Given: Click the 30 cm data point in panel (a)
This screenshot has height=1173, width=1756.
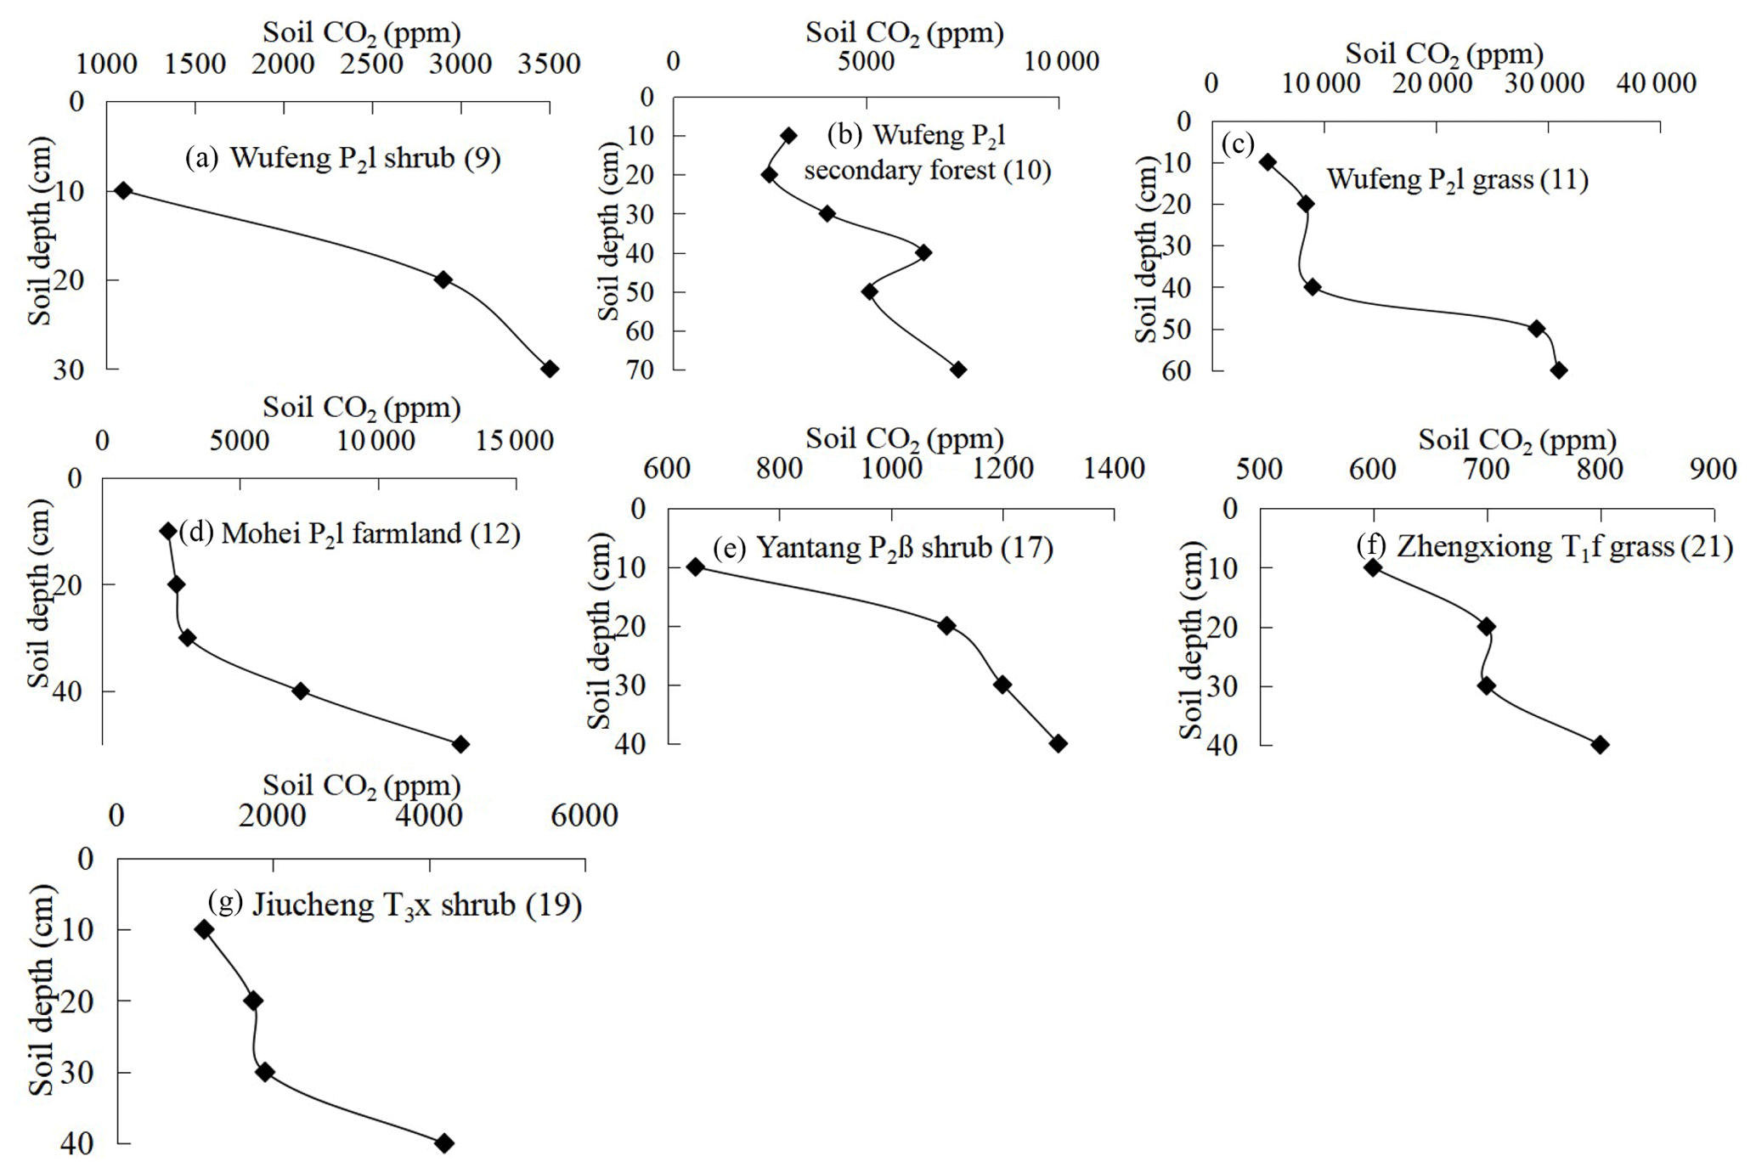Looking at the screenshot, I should [x=550, y=369].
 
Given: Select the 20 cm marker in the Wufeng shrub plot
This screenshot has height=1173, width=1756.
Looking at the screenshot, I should [x=443, y=279].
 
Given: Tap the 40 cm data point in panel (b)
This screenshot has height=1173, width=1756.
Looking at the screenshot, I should [x=923, y=252].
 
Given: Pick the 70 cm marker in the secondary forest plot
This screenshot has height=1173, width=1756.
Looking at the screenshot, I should [x=958, y=369].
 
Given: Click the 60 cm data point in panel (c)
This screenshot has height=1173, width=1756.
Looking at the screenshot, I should [x=1559, y=370].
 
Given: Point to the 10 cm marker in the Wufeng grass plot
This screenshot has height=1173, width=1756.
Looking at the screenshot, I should [x=1268, y=162].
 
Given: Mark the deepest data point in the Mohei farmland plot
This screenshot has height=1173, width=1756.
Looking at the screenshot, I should [x=460, y=745].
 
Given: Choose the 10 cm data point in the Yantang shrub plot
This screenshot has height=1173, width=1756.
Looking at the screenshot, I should [x=696, y=567].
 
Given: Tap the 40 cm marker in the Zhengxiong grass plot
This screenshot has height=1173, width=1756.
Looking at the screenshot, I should [x=1600, y=745].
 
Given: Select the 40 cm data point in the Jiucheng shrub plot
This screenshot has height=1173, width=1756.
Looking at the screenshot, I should [x=444, y=1143].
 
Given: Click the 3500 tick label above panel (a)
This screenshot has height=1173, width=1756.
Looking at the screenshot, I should [x=550, y=64].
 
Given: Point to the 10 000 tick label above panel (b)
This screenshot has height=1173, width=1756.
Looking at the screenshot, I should [x=1061, y=61].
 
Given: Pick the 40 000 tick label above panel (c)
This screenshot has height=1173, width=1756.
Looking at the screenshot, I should [x=1656, y=83].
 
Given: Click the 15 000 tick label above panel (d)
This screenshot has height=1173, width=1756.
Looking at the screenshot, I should [x=514, y=441].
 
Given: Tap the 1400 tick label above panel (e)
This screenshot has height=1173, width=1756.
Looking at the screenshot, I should [x=1114, y=468].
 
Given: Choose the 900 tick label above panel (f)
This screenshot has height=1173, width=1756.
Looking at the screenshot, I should [x=1713, y=470].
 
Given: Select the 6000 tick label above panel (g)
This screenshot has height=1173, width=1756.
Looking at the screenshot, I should [x=584, y=815].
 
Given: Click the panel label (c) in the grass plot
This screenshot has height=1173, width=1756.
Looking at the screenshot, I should [x=1238, y=144].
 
